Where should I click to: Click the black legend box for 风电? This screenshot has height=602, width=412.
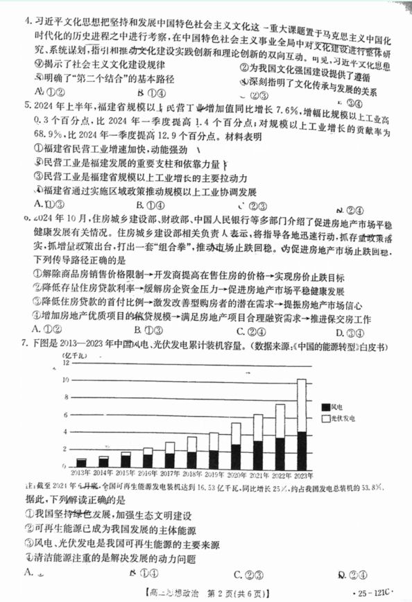tap(327, 406)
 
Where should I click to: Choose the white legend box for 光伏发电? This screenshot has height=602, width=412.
tap(327, 419)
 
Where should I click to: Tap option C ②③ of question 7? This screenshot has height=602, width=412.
tap(247, 574)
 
